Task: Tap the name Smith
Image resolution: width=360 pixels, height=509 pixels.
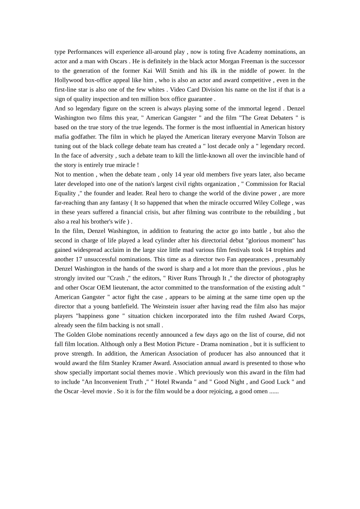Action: click(x=177, y=71)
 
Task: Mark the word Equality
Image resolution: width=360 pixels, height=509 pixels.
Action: click(x=65, y=193)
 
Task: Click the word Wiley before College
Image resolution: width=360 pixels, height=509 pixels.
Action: click(x=262, y=203)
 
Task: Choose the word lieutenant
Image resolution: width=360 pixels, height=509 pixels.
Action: click(x=126, y=288)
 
